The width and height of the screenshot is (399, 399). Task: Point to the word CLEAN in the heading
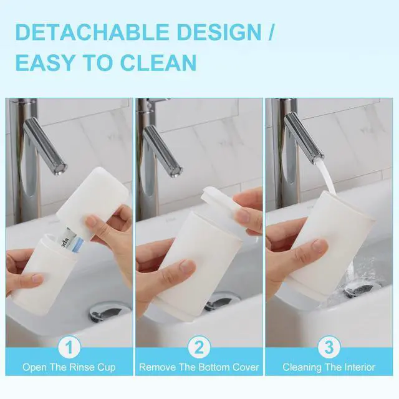[158, 62]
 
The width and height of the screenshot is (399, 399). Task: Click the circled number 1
[69, 347]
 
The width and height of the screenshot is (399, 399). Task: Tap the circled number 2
[199, 347]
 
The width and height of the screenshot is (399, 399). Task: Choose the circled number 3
[329, 347]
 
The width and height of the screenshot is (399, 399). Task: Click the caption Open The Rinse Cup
[69, 367]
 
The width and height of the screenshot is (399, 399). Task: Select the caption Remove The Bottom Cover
[199, 367]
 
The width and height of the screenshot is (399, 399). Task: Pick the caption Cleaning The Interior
[329, 367]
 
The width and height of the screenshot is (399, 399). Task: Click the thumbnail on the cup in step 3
[320, 245]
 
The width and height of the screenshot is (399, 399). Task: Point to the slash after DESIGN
[271, 32]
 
